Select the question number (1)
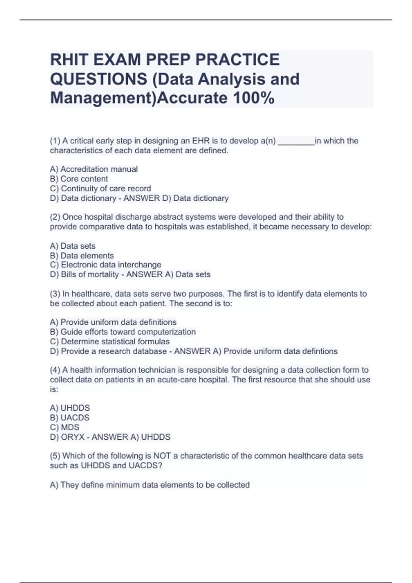(x=55, y=141)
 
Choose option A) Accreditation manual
(x=94, y=169)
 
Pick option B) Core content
(x=79, y=179)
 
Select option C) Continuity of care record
(x=100, y=189)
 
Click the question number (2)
(x=55, y=217)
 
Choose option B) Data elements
(x=82, y=255)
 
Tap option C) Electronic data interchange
(x=105, y=265)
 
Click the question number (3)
(x=55, y=294)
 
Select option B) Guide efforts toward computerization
(x=123, y=332)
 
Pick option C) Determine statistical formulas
(x=110, y=342)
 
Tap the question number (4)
(x=55, y=370)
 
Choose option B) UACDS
(x=70, y=418)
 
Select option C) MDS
(x=65, y=427)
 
